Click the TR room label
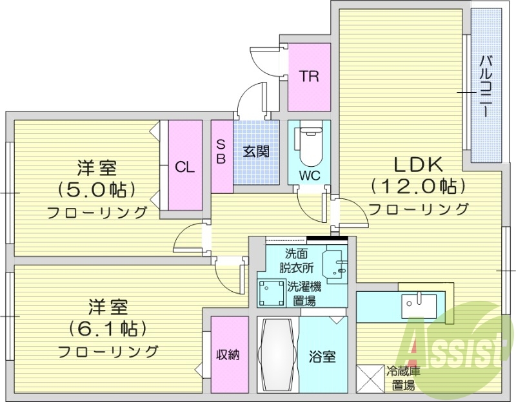(x=309, y=76)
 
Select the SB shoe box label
(x=221, y=153)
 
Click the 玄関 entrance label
(x=256, y=153)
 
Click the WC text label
(x=309, y=175)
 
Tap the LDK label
(x=417, y=162)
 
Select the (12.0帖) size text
(x=417, y=187)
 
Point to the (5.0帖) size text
(x=96, y=190)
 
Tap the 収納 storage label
(x=228, y=354)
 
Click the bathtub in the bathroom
(x=277, y=355)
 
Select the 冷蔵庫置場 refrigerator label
(x=402, y=379)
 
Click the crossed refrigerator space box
(x=370, y=378)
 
